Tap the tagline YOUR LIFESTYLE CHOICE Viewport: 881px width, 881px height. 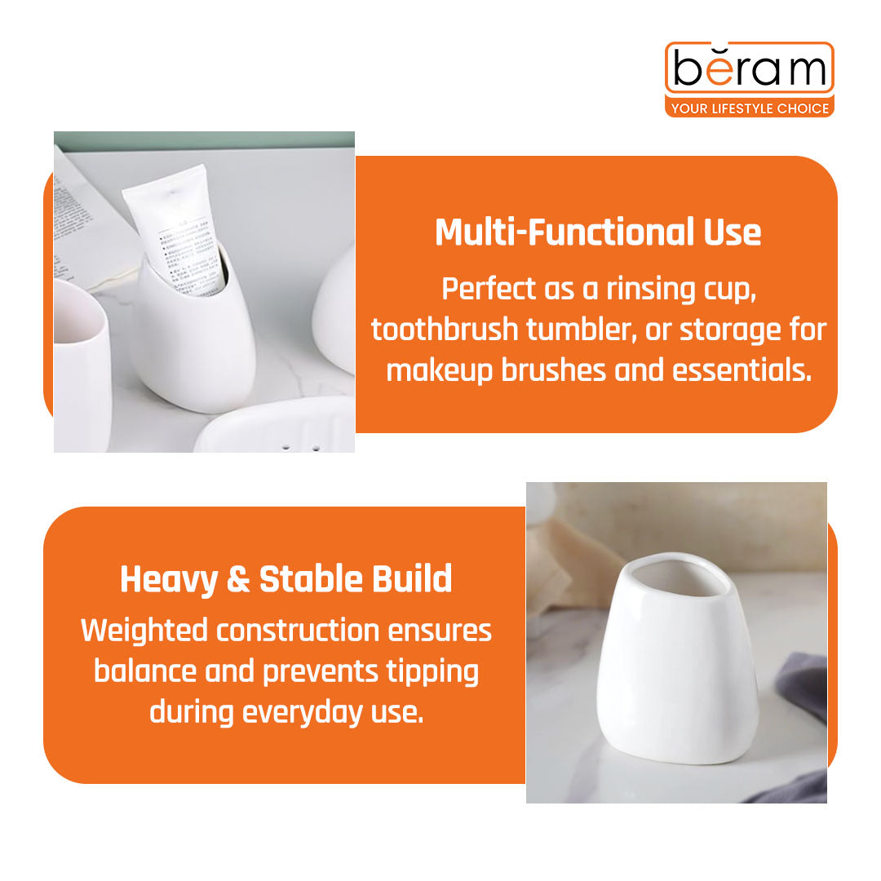[749, 108]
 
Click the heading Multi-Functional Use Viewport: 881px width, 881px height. [598, 232]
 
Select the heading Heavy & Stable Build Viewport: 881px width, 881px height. [286, 579]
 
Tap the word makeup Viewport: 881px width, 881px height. [440, 370]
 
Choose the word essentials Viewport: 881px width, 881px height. [742, 370]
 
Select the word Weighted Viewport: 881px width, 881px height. [144, 631]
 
